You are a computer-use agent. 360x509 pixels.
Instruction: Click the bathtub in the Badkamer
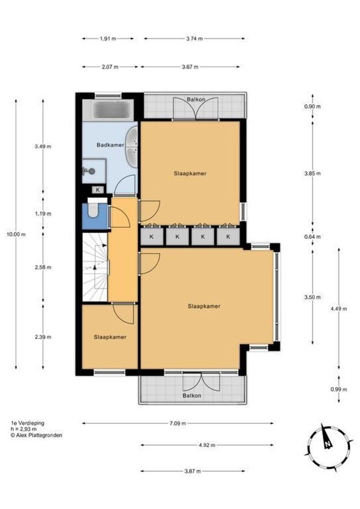pos(108,110)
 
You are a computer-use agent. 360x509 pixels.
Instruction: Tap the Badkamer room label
pos(110,145)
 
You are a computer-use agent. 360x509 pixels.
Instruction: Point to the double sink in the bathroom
pos(132,147)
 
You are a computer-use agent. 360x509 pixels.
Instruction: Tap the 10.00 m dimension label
pos(16,234)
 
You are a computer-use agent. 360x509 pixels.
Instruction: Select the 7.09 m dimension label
pos(178,423)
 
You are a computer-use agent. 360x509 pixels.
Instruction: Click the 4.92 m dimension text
pos(207,445)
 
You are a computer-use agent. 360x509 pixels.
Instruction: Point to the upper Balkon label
pos(196,99)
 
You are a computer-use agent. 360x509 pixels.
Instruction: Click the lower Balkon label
pos(192,396)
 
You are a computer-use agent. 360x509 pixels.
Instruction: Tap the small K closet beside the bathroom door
pos(98,189)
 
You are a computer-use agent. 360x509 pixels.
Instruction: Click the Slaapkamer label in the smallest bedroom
pos(110,337)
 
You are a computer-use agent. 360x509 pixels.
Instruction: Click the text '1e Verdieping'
pos(27,423)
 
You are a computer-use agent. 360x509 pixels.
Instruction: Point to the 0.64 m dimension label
pos(312,237)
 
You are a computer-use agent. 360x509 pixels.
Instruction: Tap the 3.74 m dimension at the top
pos(195,39)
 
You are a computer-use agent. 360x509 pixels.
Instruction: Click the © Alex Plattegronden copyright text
pos(36,435)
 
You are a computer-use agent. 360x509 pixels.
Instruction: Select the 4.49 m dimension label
pos(339,309)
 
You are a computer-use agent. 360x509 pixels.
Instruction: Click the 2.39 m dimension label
pos(43,337)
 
